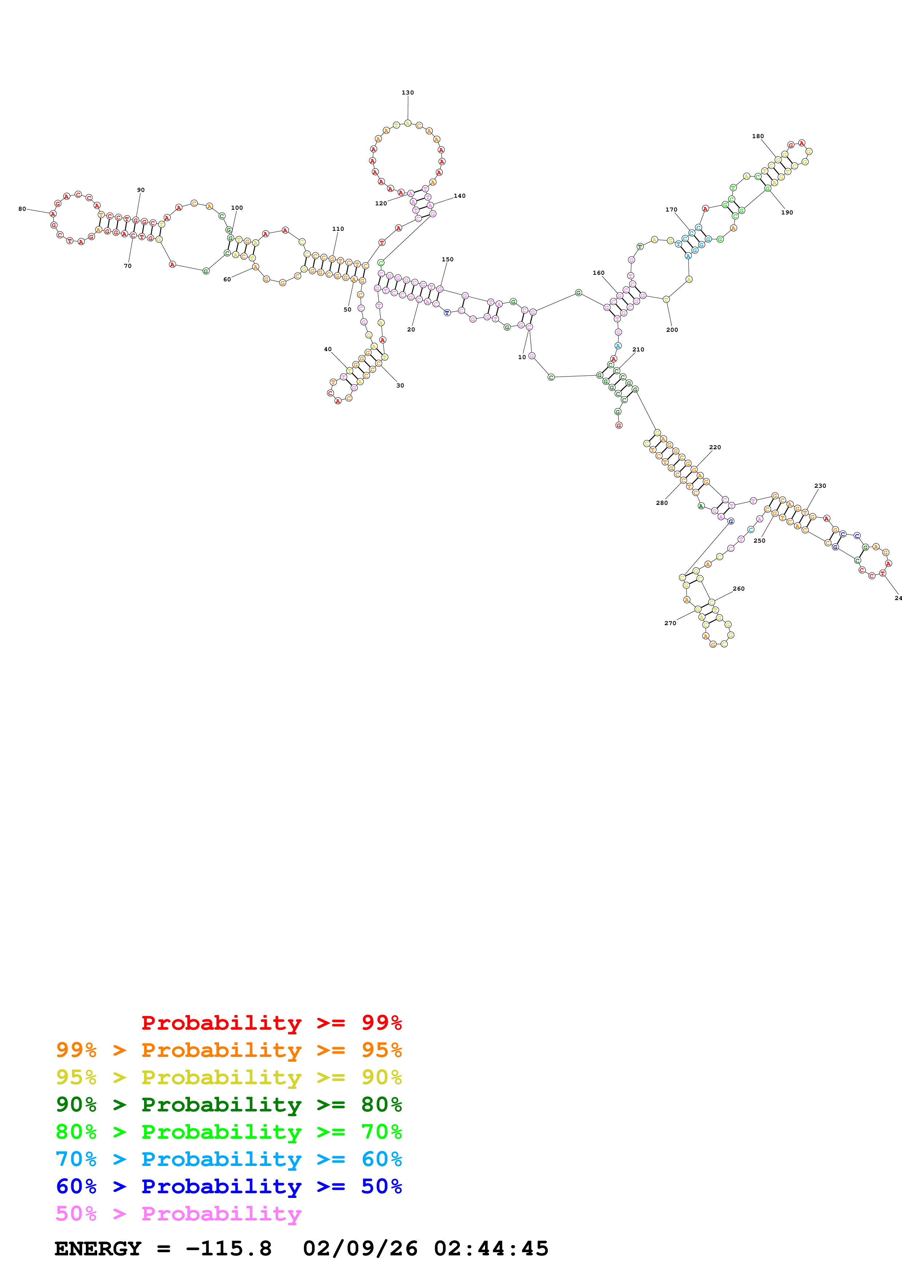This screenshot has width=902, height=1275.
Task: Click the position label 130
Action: (408, 93)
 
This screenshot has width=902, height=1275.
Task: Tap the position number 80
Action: (22, 209)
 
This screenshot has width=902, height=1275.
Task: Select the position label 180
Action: (758, 136)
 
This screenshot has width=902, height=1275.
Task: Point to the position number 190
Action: (787, 212)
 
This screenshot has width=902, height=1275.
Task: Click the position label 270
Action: (670, 623)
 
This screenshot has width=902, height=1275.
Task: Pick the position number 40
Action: (328, 349)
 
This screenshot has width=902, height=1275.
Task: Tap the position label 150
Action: (448, 260)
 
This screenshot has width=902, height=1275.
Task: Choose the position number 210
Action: (638, 349)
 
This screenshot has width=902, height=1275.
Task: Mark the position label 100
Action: (237, 208)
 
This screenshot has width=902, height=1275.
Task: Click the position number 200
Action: (672, 330)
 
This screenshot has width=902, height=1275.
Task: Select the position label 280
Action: (661, 503)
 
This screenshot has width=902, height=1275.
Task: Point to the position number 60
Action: (227, 279)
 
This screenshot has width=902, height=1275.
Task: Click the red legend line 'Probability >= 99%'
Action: (271, 1022)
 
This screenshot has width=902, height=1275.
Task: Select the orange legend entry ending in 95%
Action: (229, 1050)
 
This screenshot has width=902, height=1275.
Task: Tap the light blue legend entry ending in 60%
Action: (229, 1159)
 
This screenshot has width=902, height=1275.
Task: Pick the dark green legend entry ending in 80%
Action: (229, 1105)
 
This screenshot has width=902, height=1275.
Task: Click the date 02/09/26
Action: (360, 1249)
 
